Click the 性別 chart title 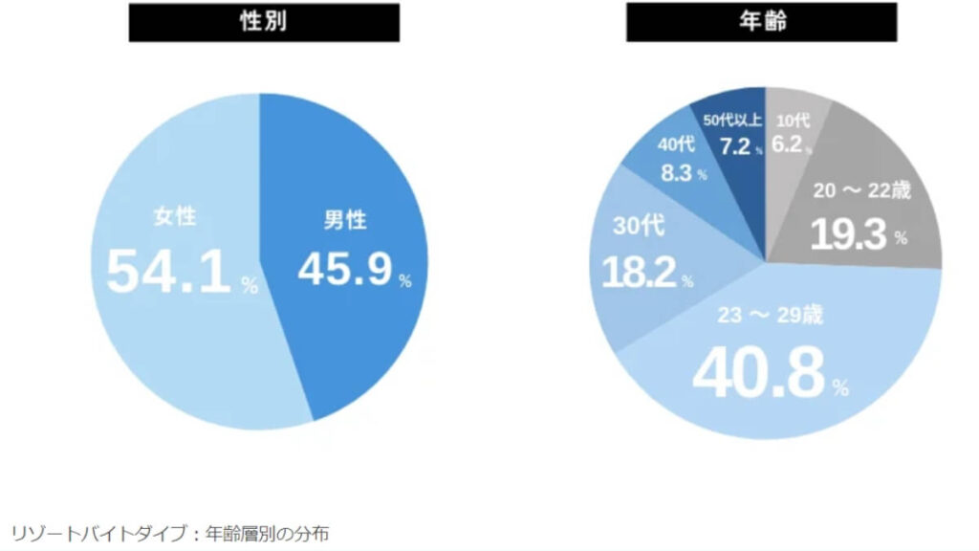click(264, 22)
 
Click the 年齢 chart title click(762, 22)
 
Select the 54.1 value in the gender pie click(168, 273)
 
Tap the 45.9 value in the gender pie click(344, 270)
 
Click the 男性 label click(344, 220)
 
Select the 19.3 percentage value click(848, 235)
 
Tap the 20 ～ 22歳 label click(862, 190)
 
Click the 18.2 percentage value click(640, 273)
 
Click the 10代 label click(793, 121)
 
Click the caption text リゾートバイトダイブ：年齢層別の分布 click(170, 533)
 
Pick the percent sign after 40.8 click(840, 388)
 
